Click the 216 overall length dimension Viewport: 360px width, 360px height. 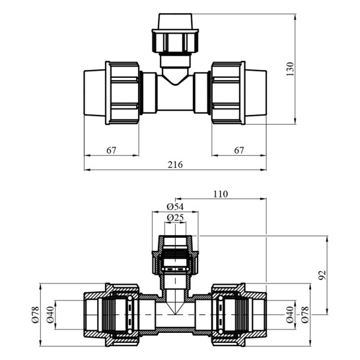(x=175, y=164)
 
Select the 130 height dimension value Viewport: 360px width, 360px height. (x=290, y=69)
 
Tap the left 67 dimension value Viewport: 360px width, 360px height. (x=112, y=151)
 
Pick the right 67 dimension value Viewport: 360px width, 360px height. (x=239, y=151)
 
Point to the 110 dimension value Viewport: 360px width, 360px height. (x=221, y=194)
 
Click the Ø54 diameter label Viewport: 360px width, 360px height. (x=175, y=207)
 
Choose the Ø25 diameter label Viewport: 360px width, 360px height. (x=175, y=217)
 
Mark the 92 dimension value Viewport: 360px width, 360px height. (x=322, y=275)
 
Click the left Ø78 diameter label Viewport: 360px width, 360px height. (x=36, y=314)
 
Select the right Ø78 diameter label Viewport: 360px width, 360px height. (x=305, y=314)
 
